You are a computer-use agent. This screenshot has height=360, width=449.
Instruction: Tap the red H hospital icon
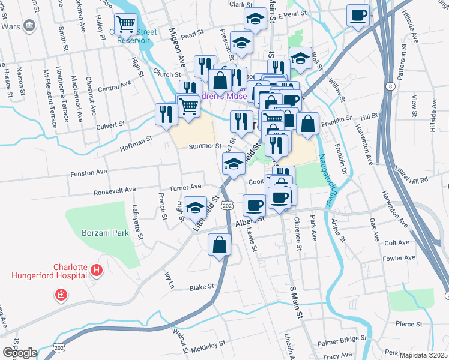(x=97, y=272)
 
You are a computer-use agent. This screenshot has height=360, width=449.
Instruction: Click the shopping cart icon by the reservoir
(x=125, y=25)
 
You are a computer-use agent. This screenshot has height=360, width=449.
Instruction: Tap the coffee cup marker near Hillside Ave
(x=358, y=16)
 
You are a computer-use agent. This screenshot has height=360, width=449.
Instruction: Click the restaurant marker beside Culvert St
(x=166, y=114)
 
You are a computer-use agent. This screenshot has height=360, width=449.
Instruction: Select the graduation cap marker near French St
(x=194, y=208)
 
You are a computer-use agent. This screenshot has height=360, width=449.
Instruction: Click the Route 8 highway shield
(x=391, y=87)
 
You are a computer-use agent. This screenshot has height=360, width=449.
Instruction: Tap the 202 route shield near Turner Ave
(x=226, y=205)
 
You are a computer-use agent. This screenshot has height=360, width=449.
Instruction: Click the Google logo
(x=19, y=352)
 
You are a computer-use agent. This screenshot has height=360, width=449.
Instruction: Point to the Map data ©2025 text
(x=424, y=355)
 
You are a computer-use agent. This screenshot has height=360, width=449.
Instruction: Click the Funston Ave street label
(x=89, y=173)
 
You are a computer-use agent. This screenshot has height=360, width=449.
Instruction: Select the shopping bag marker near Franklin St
(x=307, y=124)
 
